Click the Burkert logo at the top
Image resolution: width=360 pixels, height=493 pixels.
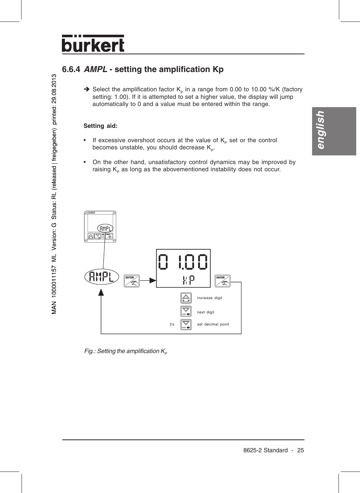point(93,44)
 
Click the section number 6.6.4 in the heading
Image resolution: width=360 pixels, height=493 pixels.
point(71,69)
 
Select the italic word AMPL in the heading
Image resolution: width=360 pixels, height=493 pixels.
point(95,69)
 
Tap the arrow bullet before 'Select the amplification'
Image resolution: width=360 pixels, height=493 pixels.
point(86,89)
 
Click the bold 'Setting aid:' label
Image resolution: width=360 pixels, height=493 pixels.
point(100,126)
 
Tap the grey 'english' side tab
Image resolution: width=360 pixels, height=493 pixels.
point(334,131)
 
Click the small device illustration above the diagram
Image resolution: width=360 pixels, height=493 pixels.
point(100,227)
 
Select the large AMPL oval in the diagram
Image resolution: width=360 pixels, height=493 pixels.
point(102,277)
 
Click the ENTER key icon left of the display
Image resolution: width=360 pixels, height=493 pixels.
point(132,281)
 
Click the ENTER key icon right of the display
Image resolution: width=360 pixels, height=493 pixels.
point(222,281)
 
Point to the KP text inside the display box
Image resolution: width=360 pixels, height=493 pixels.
point(189,280)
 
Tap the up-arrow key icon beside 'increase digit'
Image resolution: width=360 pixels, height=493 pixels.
point(186,298)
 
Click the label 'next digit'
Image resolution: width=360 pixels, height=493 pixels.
point(206,312)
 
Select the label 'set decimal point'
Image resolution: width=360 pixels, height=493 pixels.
point(213,324)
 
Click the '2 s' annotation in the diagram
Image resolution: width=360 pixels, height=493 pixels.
point(172,324)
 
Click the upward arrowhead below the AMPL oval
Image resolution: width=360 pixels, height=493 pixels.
point(101,292)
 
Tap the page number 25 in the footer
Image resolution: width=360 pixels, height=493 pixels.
point(300,450)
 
